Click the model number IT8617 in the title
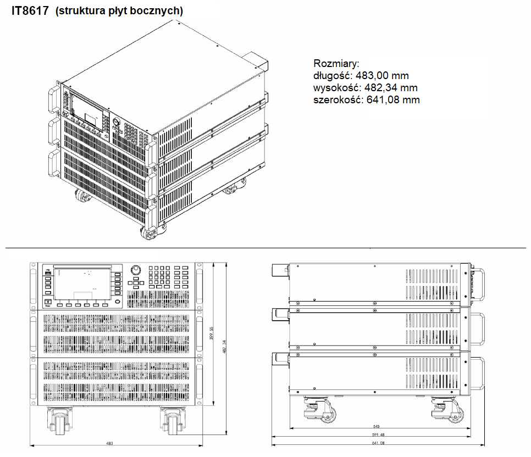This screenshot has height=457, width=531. tap(30, 10)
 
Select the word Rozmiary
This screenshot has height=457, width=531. tap(336, 63)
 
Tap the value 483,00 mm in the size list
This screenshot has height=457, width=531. tap(383, 76)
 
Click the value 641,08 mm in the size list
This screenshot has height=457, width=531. tap(392, 100)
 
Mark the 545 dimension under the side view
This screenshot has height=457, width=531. tap(377, 426)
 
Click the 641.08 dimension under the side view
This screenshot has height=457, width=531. tap(378, 443)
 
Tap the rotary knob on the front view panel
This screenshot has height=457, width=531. tap(136, 271)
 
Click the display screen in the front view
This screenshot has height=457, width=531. tap(83, 284)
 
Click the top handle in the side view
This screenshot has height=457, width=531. tap(477, 283)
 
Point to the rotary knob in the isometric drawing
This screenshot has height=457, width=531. tap(117, 122)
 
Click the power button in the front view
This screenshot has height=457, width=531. tap(48, 303)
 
